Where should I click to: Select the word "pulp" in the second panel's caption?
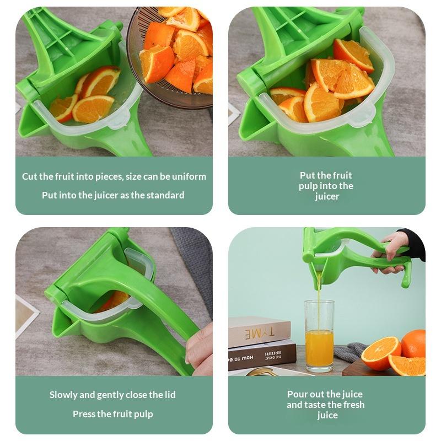tap(308, 186)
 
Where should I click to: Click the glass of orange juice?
tap(320, 336)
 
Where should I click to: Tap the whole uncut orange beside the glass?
tap(413, 343)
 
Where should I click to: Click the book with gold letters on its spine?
tap(259, 332)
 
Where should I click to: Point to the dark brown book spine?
tap(261, 356)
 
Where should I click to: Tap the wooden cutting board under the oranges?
tap(365, 368)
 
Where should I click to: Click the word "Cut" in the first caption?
tap(30, 176)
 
